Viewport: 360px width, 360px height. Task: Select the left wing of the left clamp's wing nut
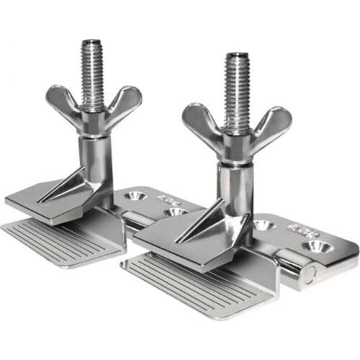pos(64,102)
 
